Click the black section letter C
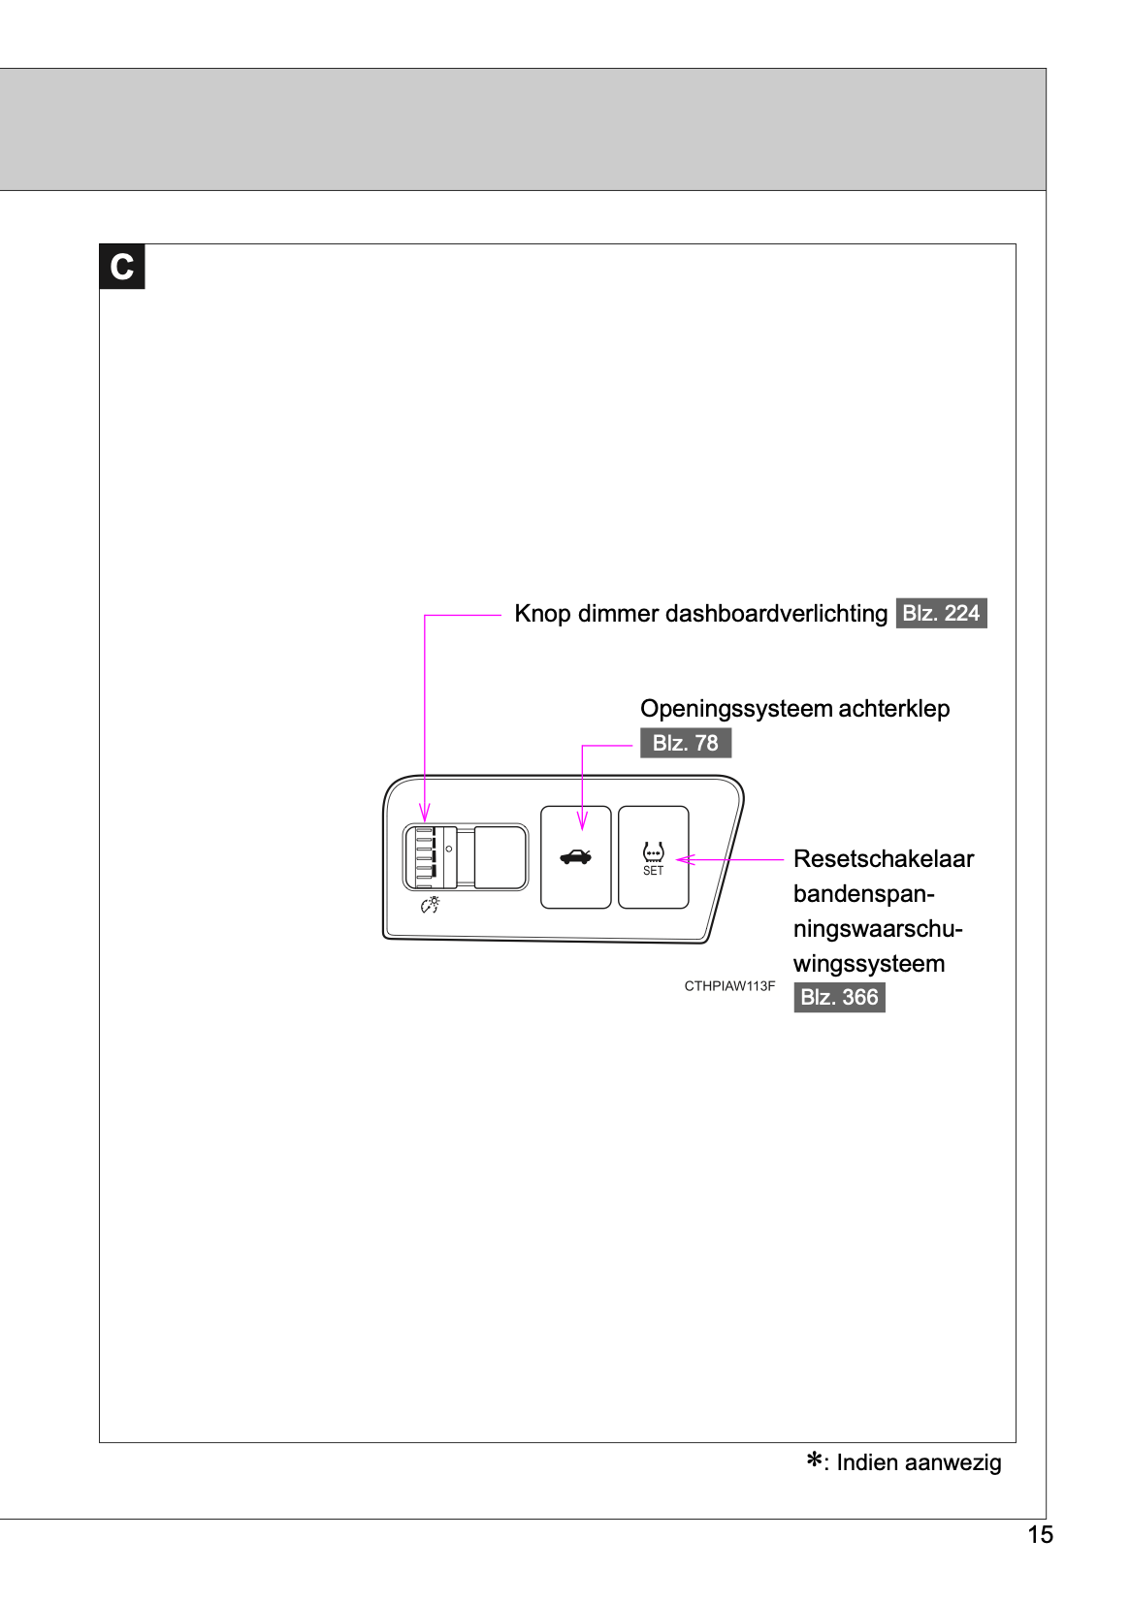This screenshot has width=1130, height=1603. tap(121, 267)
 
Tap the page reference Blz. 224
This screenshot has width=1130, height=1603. tap(941, 613)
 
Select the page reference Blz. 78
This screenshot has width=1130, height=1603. tap(685, 743)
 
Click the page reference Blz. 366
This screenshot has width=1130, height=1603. tap(839, 997)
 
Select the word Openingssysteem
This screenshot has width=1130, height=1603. tap(736, 709)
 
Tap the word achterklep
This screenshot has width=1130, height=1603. tap(893, 709)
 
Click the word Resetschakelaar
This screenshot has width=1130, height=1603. tap(883, 859)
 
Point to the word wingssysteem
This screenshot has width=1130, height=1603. tap(868, 964)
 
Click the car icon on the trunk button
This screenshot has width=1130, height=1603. tap(575, 856)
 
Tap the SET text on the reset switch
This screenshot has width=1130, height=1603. tap(653, 871)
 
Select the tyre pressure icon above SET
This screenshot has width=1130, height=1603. tap(653, 852)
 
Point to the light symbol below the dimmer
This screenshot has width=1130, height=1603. tap(430, 905)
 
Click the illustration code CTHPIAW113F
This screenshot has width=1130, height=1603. tap(729, 986)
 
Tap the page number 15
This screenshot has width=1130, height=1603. tap(1040, 1534)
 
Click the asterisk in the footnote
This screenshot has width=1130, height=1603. tap(815, 1459)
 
